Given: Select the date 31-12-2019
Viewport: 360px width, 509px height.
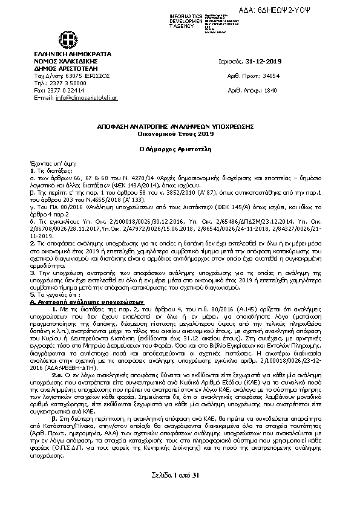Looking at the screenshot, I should (x=266, y=62).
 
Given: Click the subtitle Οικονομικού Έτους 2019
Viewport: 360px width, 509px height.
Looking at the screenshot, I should (x=180, y=133).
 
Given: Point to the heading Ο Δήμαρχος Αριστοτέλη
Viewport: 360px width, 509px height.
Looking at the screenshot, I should (x=180, y=148).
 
